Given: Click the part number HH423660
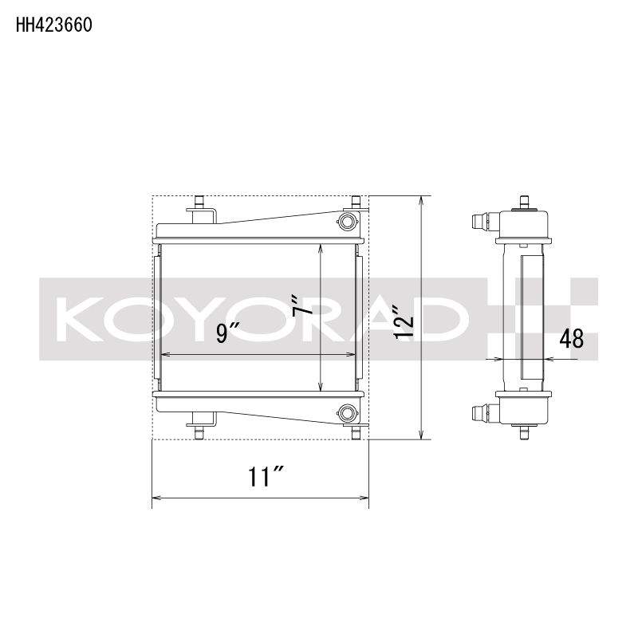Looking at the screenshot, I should tap(53, 25).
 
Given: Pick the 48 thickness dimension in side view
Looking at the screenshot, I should tap(571, 339).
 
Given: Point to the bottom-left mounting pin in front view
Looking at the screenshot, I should tap(199, 432).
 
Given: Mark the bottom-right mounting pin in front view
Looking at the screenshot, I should tap(356, 432).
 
